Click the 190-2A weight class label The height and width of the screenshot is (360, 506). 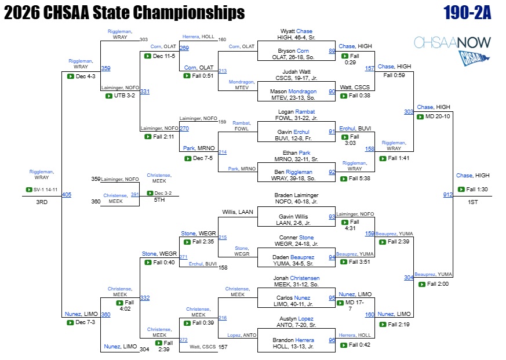tap(467, 13)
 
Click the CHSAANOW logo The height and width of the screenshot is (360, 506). tap(453, 50)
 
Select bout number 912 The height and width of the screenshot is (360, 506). tap(447, 194)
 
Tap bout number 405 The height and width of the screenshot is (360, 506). tap(67, 194)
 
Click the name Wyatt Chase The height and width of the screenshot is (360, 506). tap(296, 31)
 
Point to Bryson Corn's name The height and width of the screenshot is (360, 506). tap(293, 50)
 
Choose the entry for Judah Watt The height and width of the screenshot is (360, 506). tap(296, 72)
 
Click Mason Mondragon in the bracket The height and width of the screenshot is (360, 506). tap(293, 92)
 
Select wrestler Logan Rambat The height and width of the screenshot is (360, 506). tap(296, 112)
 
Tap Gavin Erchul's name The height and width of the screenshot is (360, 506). tap(293, 132)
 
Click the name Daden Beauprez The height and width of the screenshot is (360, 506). tap(293, 257)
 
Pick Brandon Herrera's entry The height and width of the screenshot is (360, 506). tap(293, 340)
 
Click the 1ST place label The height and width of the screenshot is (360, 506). tap(473, 202)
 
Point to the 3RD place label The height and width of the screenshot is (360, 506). tap(42, 202)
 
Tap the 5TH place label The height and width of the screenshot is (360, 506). tap(159, 200)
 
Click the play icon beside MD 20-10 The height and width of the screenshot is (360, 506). tap(420, 117)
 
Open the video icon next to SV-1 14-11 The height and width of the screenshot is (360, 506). tap(29, 190)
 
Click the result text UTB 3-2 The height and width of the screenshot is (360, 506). tap(125, 96)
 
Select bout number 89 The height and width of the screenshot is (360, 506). tap(332, 50)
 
